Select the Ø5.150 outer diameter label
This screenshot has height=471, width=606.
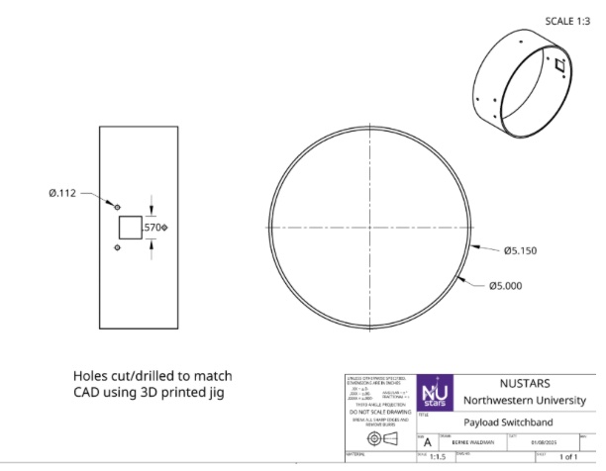coord(519,250)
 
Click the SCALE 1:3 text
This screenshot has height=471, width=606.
coord(567,21)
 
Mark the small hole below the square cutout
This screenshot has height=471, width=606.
coord(118,249)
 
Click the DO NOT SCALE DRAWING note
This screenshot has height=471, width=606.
coord(375,413)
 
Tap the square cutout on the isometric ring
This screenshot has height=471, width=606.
coord(559,66)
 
